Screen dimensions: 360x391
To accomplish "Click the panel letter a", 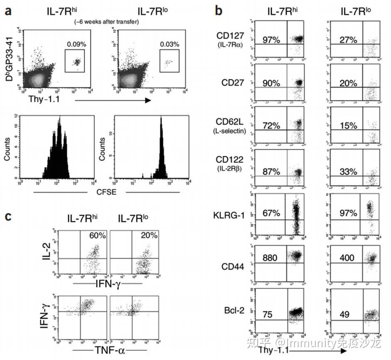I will (7, 11).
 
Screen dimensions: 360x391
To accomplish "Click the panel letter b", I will (219, 11).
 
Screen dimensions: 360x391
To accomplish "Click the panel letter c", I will (7, 217).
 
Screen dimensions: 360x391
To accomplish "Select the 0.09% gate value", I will (75, 44).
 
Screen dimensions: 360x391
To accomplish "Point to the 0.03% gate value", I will (170, 44).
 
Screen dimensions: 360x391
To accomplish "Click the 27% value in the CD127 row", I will (348, 39).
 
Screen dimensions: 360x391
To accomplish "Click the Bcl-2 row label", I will (234, 311).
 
